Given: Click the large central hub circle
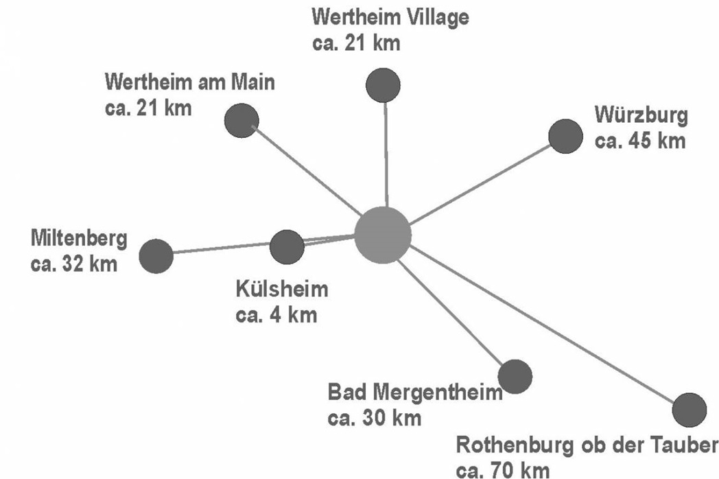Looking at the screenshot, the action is point(383,235).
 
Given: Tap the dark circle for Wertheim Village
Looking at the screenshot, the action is point(384,85).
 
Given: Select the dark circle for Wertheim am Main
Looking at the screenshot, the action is point(241,121).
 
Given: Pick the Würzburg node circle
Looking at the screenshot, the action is point(565,137).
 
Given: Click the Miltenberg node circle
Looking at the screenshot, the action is point(156,256).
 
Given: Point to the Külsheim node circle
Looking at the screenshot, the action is point(287,247).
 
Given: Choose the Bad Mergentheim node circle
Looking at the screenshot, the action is point(515,377).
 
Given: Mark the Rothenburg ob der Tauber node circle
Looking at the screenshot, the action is point(689,410).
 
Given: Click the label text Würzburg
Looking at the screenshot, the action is point(641,115).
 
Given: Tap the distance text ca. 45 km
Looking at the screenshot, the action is point(640,141).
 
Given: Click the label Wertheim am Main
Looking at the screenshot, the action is point(190,82).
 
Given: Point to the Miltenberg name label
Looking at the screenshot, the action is point(79,239).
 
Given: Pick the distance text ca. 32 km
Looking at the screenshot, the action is point(74,264).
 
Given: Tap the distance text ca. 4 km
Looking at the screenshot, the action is point(276,315).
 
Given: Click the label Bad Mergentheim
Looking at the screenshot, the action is point(415,393).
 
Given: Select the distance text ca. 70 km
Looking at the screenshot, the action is point(503,470).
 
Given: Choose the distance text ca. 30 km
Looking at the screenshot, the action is point(374,418).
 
